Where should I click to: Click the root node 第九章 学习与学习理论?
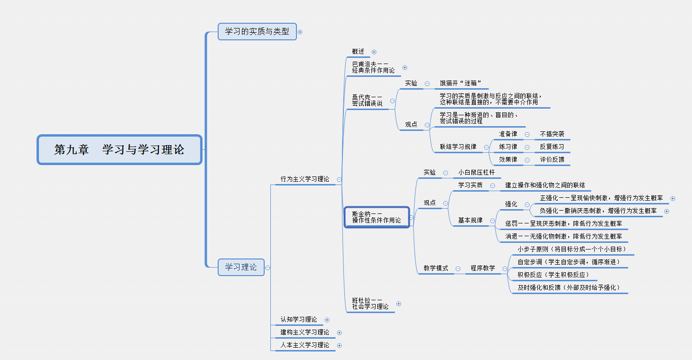point(120,150)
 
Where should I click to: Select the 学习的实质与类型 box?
point(257,32)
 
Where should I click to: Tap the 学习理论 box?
point(241,267)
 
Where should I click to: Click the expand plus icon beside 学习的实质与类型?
point(300,32)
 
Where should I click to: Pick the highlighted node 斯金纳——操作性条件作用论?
point(377,217)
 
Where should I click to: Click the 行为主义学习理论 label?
point(304,179)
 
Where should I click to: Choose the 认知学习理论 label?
point(298,320)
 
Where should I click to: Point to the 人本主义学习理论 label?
point(304,345)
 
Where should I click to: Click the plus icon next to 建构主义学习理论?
point(339,333)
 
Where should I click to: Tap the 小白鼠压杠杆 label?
point(476,173)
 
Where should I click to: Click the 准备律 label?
point(508,134)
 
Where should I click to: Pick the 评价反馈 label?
point(552,160)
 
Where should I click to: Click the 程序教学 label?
point(483,268)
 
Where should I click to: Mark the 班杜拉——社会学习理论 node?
point(370,303)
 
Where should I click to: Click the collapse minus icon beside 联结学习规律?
point(486,147)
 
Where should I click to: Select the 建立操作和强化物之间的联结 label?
point(545,185)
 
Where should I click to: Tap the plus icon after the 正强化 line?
point(673,199)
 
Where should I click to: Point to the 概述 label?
point(358,52)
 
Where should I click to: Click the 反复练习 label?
point(552,147)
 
